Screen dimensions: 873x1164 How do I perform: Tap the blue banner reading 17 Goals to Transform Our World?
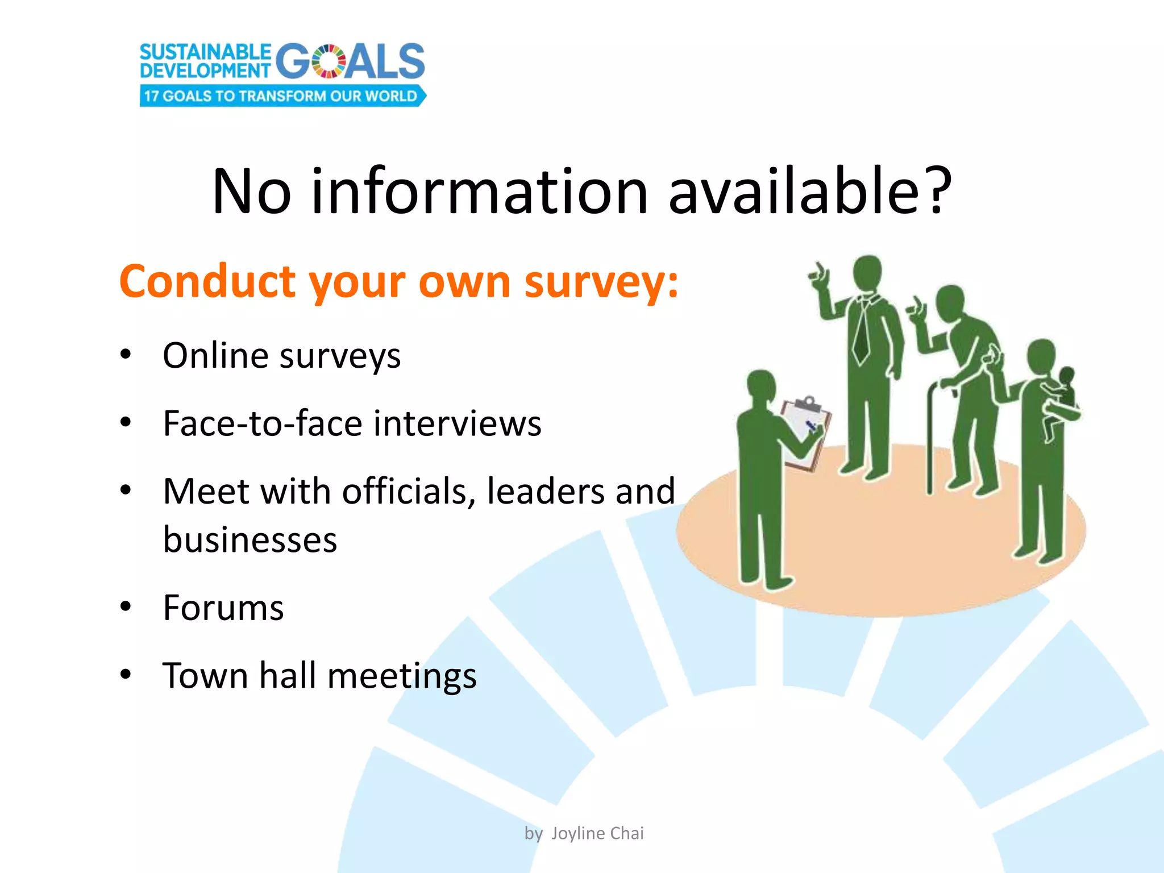click(282, 96)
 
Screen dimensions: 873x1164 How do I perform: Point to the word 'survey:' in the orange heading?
click(601, 282)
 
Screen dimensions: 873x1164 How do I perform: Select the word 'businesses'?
click(250, 540)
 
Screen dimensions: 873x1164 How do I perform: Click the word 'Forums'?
click(223, 608)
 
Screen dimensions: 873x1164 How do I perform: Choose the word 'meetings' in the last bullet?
click(402, 676)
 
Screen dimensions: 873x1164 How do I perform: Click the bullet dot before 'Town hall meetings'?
click(126, 675)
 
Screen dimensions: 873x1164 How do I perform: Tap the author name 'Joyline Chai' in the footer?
click(597, 833)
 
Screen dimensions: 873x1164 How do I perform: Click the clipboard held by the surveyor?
click(806, 432)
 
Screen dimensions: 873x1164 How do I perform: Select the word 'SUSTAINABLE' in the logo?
click(205, 52)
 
